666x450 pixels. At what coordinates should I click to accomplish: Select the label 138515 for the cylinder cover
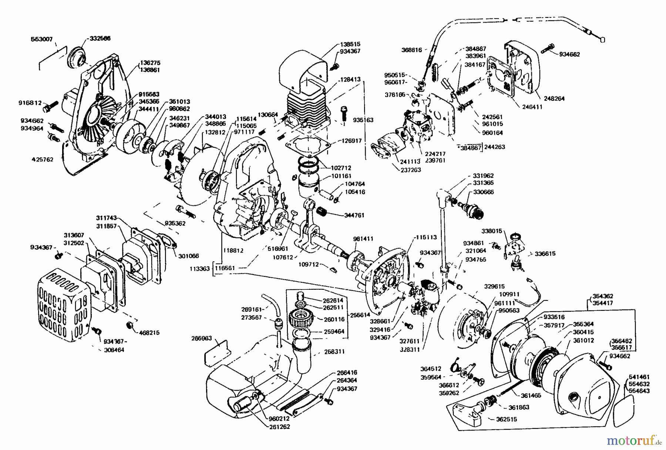click(350, 44)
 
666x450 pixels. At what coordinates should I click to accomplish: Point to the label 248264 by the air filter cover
click(554, 99)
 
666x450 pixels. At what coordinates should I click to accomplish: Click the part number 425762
click(43, 159)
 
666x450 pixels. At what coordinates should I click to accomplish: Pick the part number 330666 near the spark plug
click(484, 192)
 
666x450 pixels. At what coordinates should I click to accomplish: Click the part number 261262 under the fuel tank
click(279, 426)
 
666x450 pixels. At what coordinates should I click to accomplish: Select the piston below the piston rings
click(308, 185)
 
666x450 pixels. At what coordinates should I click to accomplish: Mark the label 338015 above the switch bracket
click(492, 231)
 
